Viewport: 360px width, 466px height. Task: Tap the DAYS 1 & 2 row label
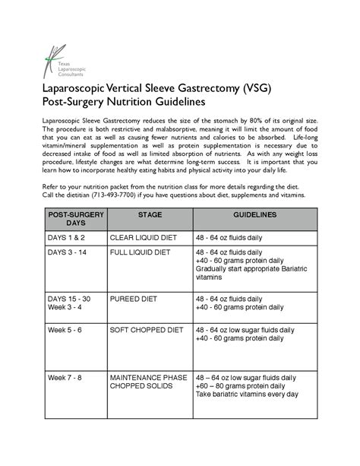coord(67,238)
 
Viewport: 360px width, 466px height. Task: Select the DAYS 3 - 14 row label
coord(68,252)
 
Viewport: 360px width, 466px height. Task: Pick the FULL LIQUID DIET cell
coord(141,252)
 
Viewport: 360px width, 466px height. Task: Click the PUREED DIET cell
coord(133,300)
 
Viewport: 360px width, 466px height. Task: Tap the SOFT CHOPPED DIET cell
coord(148,331)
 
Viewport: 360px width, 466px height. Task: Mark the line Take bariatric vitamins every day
coord(247,395)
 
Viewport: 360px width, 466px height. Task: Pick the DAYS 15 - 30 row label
coord(69,300)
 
